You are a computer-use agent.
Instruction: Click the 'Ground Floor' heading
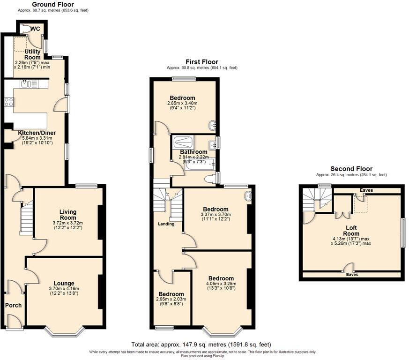coord(52,4)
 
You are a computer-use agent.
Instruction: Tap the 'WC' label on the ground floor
coord(35,29)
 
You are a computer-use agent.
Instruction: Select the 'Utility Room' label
coord(32,54)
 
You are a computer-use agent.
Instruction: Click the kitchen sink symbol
coord(25,84)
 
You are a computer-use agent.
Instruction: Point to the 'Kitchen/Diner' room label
coord(37,133)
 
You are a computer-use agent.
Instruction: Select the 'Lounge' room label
coord(64,283)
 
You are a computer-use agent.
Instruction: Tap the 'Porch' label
coord(13,305)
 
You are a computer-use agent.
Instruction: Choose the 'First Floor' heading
coord(201,62)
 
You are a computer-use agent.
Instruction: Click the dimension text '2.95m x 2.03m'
coord(171,299)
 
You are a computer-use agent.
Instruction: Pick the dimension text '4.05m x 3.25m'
coord(221,283)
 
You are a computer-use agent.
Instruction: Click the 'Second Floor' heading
coord(351,169)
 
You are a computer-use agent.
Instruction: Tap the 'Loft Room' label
coord(351,231)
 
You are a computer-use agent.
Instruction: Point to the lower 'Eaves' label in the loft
coord(352,274)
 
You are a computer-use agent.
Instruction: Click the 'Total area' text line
coord(201,345)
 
